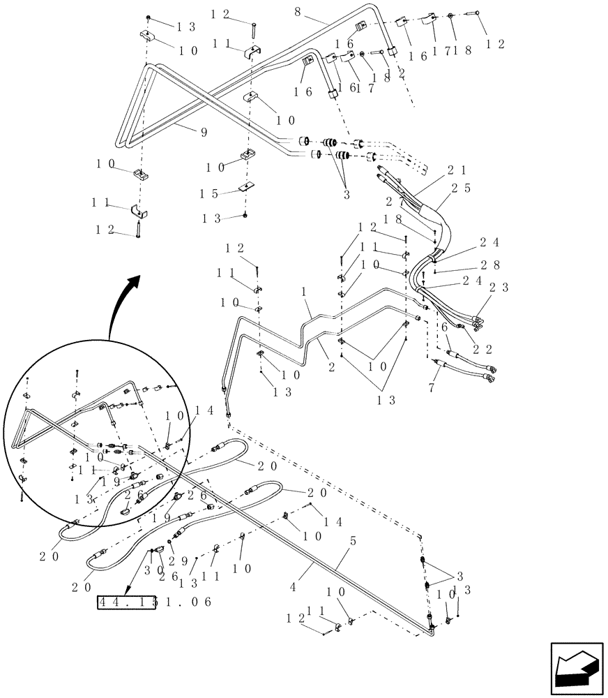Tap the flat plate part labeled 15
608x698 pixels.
point(245,187)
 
